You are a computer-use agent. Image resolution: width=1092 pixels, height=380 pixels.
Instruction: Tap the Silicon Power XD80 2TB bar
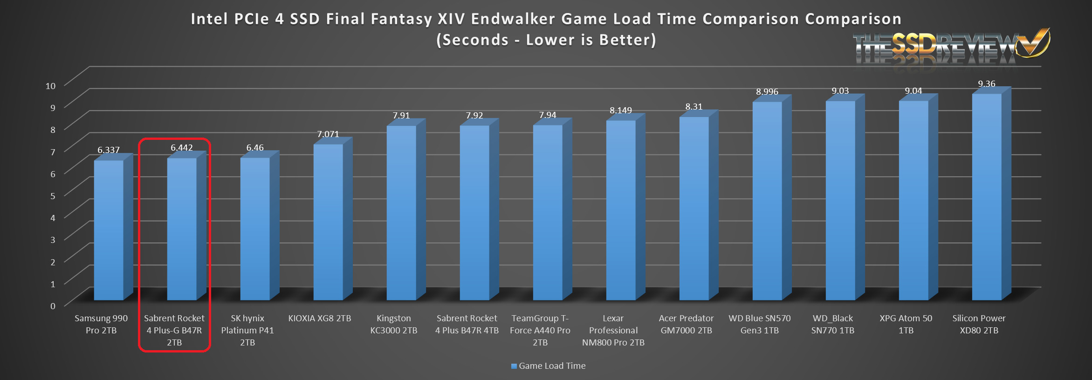pos(987,196)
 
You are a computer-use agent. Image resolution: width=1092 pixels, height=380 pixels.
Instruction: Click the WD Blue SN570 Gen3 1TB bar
pos(767,200)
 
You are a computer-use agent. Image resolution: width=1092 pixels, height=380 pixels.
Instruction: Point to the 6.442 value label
pos(182,148)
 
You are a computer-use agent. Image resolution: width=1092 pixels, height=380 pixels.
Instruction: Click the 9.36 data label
pos(987,84)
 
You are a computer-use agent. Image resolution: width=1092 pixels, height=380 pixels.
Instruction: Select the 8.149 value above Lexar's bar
pos(621,111)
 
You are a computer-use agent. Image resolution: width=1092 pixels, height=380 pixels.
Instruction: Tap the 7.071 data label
pos(328,134)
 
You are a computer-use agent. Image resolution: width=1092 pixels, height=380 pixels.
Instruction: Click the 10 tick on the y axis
pos(50,86)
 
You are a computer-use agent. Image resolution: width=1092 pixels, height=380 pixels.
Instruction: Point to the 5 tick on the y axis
pos(53,196)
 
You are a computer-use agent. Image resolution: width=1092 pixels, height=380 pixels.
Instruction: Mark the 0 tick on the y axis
pos(53,306)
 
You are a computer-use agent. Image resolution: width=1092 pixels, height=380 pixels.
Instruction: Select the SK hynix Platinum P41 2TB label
pos(247,330)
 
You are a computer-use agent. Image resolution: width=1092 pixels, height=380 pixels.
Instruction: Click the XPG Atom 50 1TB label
pos(906,324)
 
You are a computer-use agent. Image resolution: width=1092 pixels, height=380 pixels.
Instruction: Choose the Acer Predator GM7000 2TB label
pos(686,324)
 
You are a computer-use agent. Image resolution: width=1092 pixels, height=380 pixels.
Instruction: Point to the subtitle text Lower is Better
pos(591,40)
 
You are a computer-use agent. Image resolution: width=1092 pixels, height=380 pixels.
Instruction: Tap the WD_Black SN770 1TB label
pos(833,324)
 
